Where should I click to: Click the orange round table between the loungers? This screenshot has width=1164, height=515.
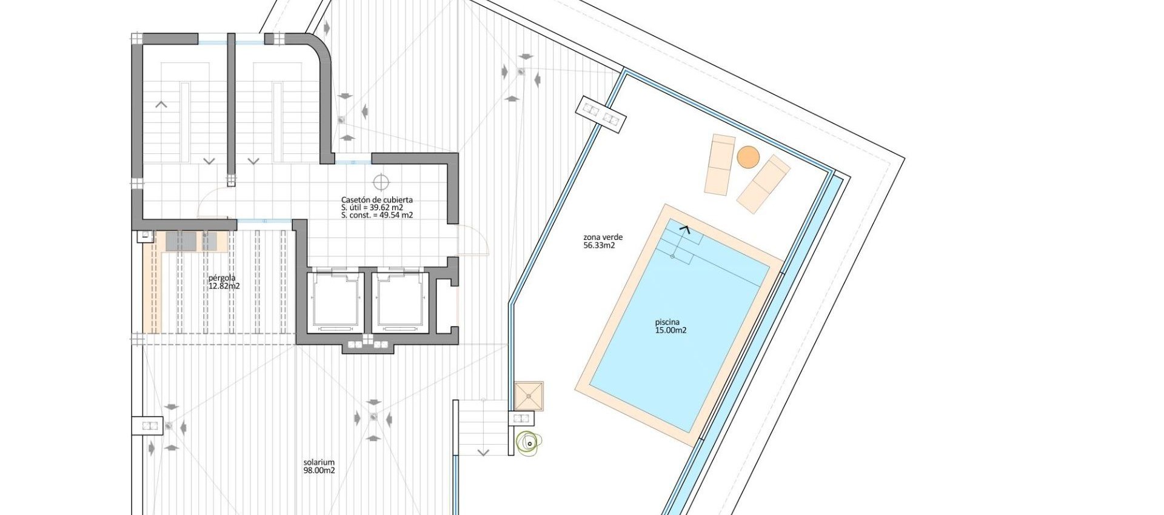(x=748, y=158)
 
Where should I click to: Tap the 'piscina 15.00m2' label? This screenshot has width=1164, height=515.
(x=670, y=327)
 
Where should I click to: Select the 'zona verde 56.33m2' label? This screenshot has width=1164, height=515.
(x=603, y=242)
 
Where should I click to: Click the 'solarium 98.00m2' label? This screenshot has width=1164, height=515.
(x=319, y=466)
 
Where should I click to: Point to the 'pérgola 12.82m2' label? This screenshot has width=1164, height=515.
(x=224, y=282)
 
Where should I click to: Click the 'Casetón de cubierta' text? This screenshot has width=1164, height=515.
(x=376, y=199)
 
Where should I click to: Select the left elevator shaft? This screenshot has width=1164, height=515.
(x=336, y=301)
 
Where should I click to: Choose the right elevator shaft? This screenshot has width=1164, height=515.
(x=400, y=301)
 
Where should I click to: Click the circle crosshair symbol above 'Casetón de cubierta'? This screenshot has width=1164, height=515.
(x=381, y=182)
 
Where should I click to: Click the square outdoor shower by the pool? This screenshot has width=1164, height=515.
(x=529, y=396)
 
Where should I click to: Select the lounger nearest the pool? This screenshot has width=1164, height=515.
(x=763, y=184)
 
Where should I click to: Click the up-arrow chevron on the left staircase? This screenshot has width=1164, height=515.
(x=161, y=105)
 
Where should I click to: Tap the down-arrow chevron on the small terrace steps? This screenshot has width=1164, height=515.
(x=483, y=452)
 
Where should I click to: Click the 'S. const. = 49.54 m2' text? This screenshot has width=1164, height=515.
(x=376, y=215)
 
